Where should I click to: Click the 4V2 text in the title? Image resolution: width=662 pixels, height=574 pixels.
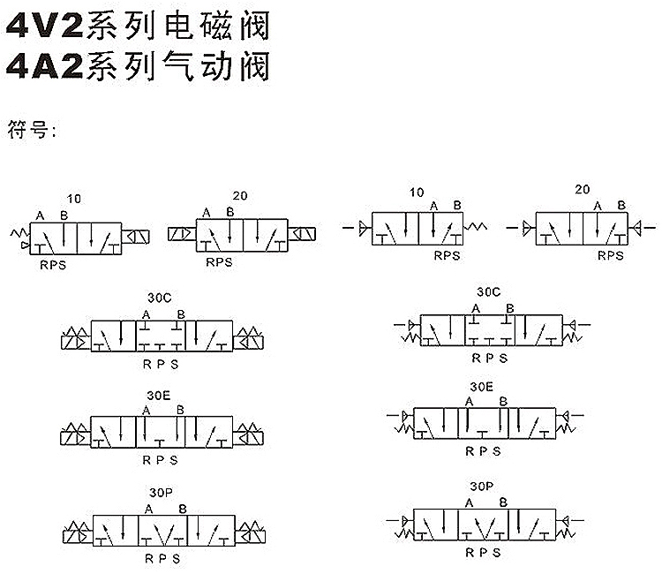point(45,26)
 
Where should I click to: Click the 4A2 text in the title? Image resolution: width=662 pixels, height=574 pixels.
point(45,66)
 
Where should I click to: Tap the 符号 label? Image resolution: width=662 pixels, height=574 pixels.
point(27,129)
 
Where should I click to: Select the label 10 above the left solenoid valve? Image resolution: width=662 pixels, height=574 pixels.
point(74,199)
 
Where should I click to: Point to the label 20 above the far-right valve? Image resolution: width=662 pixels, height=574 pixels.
point(583,189)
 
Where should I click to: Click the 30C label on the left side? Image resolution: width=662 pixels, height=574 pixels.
point(160,298)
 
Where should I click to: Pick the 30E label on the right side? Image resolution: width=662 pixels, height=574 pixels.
point(481,387)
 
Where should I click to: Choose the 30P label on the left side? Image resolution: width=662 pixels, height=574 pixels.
point(161,493)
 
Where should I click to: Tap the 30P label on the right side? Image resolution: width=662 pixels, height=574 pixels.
point(481,487)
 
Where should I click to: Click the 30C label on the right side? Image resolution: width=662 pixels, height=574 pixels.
point(488,292)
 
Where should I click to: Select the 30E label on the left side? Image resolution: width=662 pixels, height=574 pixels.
point(159,396)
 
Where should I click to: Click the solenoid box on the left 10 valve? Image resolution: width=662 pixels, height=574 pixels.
point(136,237)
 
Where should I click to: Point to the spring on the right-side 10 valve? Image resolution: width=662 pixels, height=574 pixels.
point(476,227)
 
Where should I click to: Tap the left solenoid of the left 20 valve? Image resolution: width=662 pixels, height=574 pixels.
point(182,233)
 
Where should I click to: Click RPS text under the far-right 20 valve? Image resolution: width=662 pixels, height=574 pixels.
point(611,255)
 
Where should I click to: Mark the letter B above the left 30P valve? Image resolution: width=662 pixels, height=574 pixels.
point(183,509)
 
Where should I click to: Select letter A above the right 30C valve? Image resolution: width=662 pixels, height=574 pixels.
point(476,309)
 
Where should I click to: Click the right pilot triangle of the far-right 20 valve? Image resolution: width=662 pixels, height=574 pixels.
point(637,228)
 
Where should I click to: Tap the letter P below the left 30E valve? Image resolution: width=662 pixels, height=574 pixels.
point(161,460)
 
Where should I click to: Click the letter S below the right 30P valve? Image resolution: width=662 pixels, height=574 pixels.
point(496,553)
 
